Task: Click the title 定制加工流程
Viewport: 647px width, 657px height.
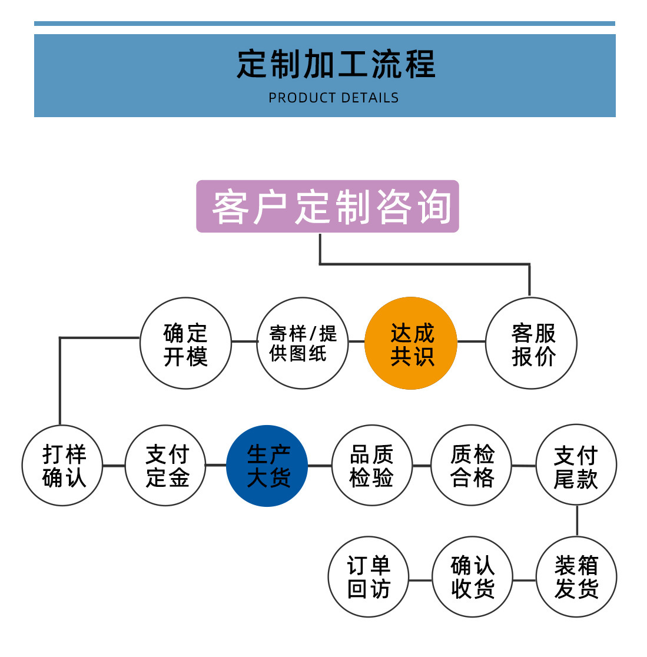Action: (x=336, y=64)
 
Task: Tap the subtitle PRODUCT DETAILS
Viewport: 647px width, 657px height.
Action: (x=334, y=98)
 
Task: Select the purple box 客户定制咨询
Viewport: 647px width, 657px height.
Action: (x=328, y=206)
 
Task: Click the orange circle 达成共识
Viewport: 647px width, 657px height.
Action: (x=411, y=343)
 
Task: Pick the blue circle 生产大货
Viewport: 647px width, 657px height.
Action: (x=267, y=466)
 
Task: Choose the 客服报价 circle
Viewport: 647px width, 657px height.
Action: (x=532, y=343)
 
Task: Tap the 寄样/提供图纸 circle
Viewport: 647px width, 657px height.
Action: (x=303, y=343)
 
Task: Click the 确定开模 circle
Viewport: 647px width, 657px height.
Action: (x=185, y=343)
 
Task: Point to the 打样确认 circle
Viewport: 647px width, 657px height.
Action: (x=62, y=466)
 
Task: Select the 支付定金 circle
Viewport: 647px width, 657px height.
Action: (x=165, y=466)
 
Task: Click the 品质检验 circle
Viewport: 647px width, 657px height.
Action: (x=372, y=466)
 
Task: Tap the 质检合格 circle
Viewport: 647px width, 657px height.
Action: (x=472, y=466)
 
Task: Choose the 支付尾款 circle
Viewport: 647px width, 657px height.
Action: (x=576, y=464)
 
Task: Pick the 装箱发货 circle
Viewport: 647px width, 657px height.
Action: (x=576, y=577)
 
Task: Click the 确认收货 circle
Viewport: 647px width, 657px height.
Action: (x=473, y=577)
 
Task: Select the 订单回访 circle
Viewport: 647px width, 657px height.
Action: (x=369, y=577)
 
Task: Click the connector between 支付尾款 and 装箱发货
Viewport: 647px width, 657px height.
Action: (x=577, y=521)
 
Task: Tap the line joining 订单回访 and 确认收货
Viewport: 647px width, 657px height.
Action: (x=420, y=580)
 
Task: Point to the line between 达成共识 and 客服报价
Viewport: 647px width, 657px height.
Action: (x=472, y=341)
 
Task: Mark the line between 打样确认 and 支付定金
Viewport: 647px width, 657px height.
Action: (x=114, y=466)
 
